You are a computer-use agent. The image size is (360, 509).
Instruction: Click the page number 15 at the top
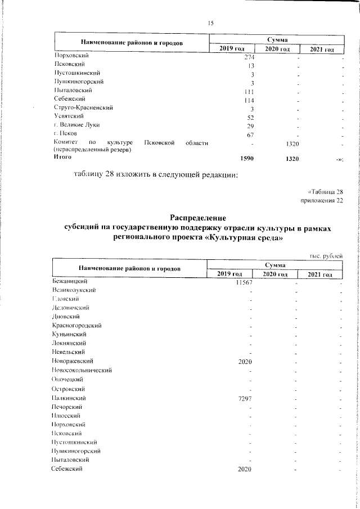point(211,22)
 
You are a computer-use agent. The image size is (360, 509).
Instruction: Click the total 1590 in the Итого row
point(247,159)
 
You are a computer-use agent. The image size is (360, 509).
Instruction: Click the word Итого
point(63,158)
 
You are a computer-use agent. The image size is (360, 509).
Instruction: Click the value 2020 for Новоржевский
point(245,361)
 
